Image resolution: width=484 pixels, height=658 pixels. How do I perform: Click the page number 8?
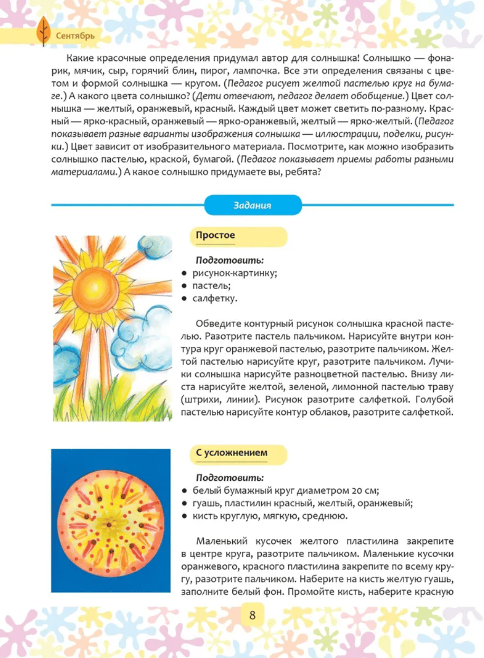(x=252, y=616)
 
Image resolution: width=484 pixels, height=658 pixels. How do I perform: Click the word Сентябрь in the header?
(x=75, y=36)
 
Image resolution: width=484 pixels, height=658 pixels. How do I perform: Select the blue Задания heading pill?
(x=252, y=205)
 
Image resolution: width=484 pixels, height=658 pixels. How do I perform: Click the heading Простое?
(x=215, y=236)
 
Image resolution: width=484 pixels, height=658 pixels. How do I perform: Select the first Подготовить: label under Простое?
(x=230, y=260)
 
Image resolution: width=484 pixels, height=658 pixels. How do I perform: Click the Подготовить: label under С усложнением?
(x=230, y=478)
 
